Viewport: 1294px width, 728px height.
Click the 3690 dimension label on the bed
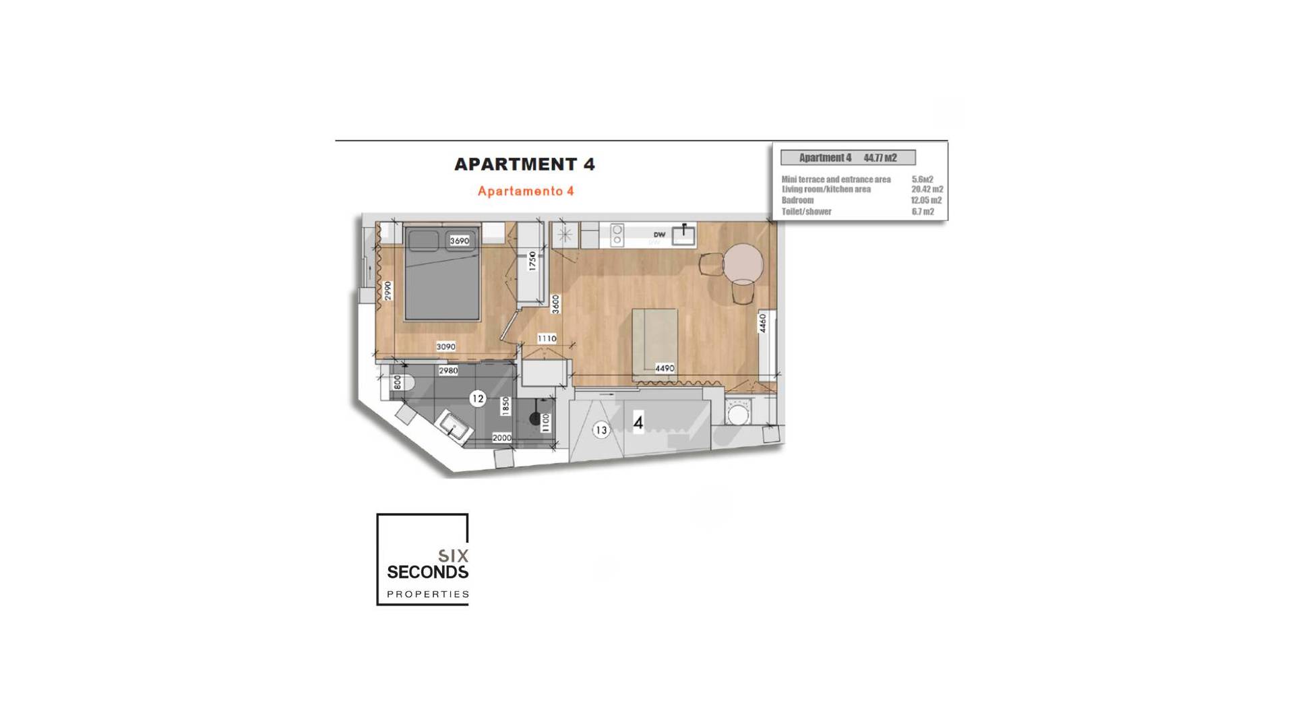point(459,241)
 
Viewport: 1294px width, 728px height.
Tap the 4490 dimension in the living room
point(664,368)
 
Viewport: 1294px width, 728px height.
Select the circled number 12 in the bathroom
point(477,398)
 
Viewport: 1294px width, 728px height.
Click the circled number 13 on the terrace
point(600,429)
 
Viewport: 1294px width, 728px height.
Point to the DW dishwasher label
point(658,235)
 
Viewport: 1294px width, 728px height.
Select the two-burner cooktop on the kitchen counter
point(616,235)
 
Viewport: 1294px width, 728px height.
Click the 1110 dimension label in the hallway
point(547,338)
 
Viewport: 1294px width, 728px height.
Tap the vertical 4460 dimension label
point(762,323)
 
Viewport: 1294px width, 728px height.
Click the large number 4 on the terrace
point(638,423)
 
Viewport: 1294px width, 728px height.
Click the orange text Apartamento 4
point(526,191)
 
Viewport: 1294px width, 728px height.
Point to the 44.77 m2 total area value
point(880,158)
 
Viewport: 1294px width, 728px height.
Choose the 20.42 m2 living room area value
point(927,189)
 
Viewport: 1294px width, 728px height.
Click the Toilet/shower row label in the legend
point(806,212)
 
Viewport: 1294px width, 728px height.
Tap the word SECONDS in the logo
point(427,572)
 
